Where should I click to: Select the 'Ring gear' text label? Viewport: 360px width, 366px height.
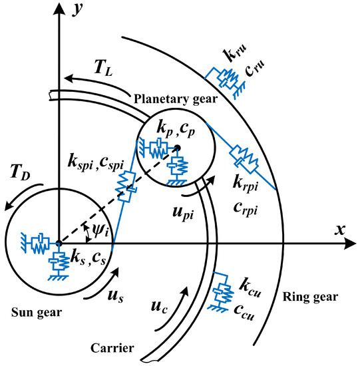click(x=311, y=297)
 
